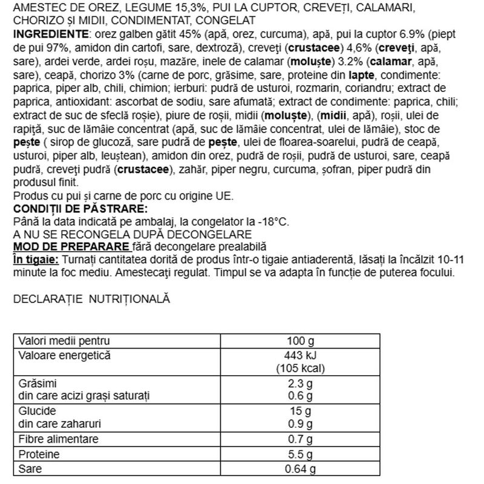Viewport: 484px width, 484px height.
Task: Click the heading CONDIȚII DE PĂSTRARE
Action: (79, 209)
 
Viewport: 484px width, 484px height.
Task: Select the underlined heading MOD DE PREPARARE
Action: (71, 246)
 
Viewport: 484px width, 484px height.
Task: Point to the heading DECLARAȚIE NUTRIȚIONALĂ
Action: (91, 298)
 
